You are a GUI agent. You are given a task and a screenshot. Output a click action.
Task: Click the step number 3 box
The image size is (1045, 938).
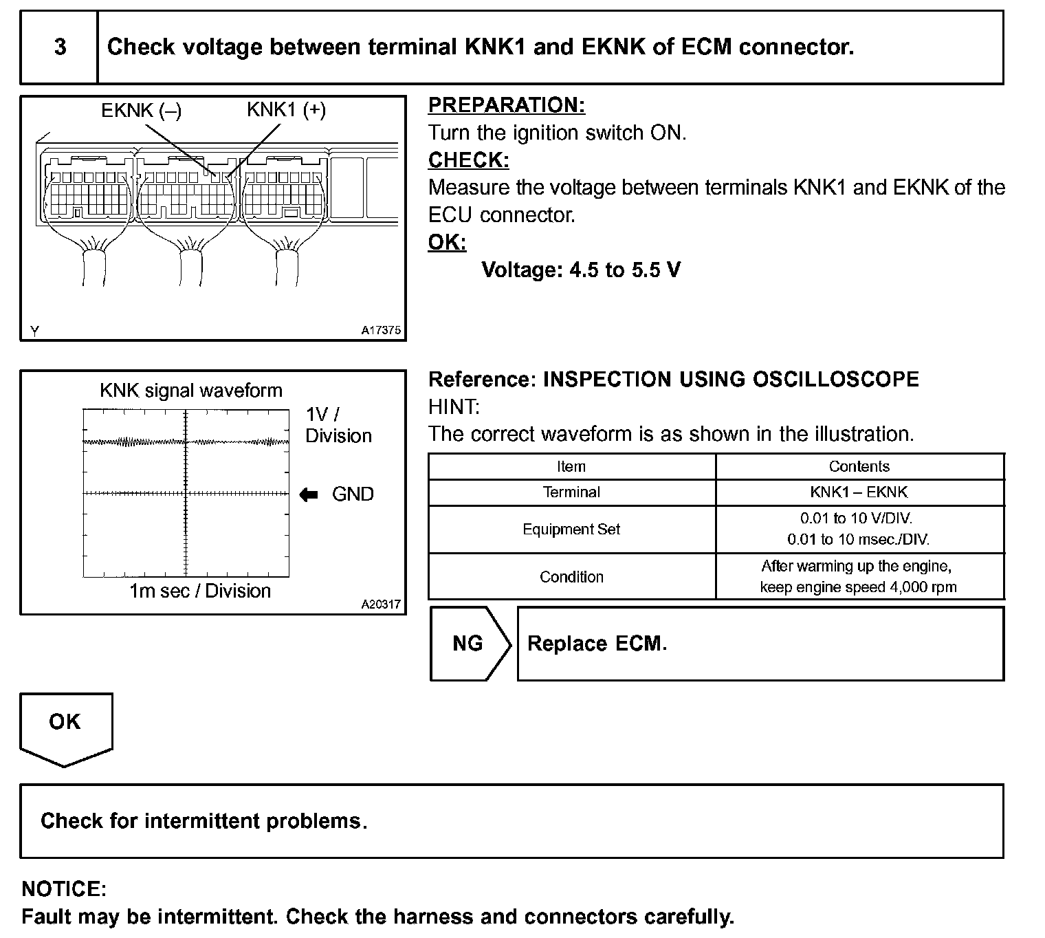60,47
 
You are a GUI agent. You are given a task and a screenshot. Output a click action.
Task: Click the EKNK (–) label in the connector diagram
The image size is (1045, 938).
141,111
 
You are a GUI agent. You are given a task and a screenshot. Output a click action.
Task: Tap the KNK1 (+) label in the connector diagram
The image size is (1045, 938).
286,110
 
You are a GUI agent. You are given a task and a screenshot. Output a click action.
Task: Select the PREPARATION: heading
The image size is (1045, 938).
507,105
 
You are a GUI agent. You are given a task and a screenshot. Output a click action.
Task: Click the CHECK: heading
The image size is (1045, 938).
468,160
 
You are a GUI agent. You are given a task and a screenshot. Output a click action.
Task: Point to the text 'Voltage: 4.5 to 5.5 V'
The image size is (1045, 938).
581,270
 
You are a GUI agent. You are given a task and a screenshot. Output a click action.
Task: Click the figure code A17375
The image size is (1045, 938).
381,330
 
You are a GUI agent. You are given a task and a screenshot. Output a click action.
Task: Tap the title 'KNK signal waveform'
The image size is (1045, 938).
191,391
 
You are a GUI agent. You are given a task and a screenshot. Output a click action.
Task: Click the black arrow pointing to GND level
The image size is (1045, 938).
309,494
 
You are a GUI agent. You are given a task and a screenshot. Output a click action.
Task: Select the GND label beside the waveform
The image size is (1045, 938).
353,494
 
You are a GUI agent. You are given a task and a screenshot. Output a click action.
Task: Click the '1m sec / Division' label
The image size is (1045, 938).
200,591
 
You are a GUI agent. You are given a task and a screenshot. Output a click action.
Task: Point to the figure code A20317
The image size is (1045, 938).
381,604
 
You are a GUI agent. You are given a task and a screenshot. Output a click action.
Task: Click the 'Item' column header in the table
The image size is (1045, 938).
571,467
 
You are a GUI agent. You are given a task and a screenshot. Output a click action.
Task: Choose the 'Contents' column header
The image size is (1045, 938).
859,467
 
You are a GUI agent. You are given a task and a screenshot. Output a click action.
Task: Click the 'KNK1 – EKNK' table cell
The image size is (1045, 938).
859,492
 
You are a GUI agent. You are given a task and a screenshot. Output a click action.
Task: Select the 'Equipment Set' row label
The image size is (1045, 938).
571,530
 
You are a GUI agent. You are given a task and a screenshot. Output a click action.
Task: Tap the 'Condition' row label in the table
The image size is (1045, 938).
571,577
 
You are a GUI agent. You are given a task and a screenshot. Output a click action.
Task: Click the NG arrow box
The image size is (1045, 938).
470,644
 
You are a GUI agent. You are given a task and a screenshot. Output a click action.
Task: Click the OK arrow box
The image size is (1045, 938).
65,725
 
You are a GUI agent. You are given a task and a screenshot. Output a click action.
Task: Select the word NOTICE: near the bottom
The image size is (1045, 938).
64,889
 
